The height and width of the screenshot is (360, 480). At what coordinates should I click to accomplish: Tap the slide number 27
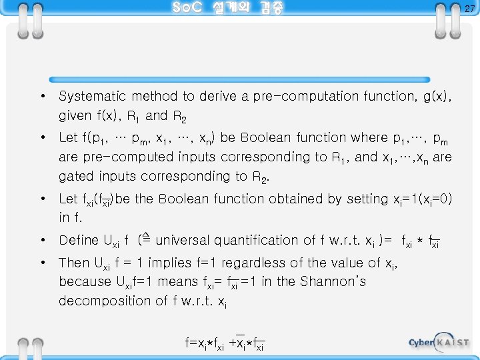[469, 9]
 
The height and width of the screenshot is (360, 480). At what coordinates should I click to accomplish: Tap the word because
[83, 281]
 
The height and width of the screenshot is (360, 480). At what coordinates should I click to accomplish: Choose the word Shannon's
[333, 281]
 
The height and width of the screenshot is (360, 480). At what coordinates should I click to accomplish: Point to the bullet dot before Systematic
[42, 97]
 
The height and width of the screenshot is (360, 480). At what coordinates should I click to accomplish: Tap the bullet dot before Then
[42, 263]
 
